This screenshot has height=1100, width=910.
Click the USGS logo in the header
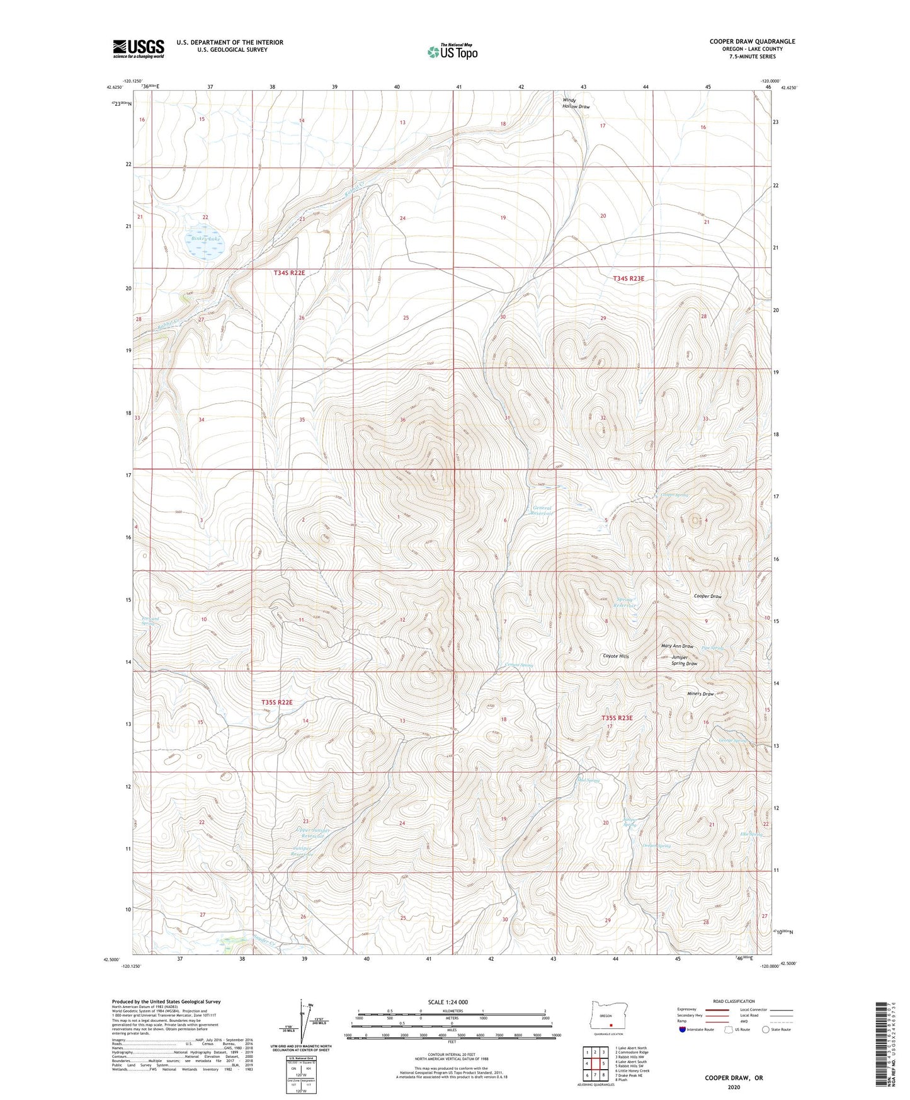pyautogui.click(x=139, y=49)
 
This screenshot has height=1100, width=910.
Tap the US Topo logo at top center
pyautogui.click(x=452, y=51)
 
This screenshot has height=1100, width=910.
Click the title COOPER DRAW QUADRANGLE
pyautogui.click(x=752, y=42)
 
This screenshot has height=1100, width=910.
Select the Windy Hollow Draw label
pyautogui.click(x=576, y=103)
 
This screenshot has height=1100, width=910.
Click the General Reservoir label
pyautogui.click(x=542, y=510)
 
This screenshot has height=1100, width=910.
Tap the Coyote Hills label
pyautogui.click(x=615, y=656)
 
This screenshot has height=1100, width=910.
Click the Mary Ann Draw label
pyautogui.click(x=676, y=646)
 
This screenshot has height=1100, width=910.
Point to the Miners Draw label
pyautogui.click(x=700, y=694)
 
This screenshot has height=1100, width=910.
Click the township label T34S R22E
pyautogui.click(x=289, y=273)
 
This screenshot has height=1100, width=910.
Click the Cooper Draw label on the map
pyautogui.click(x=707, y=596)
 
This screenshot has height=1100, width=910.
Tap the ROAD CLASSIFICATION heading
pyautogui.click(x=734, y=1001)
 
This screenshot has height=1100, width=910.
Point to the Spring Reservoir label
pyautogui.click(x=625, y=602)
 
